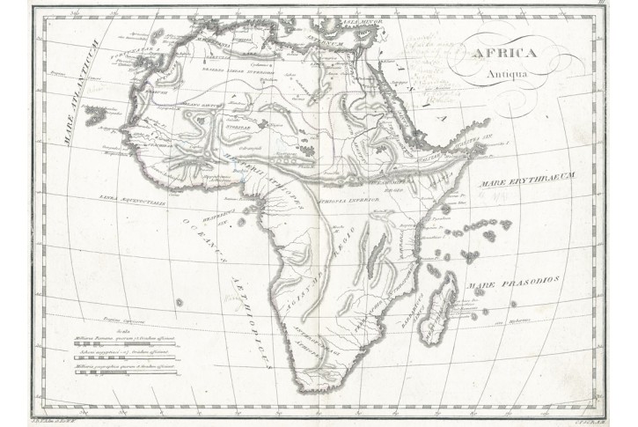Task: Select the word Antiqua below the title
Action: coord(508,74)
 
